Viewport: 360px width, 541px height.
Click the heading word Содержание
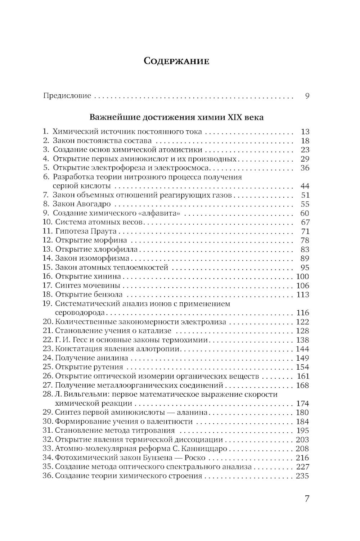click(x=176, y=61)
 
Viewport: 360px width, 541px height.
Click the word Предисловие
click(x=67, y=96)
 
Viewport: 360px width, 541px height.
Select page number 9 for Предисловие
click(x=307, y=96)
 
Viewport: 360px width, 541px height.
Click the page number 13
click(x=305, y=132)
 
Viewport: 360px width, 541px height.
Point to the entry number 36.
click(x=48, y=476)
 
